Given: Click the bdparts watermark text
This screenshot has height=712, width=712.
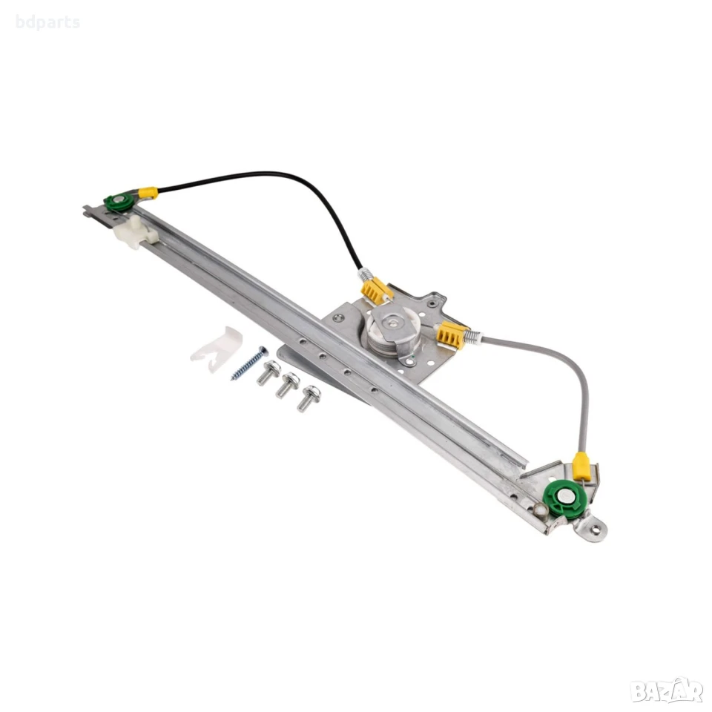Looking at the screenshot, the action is click(47, 22).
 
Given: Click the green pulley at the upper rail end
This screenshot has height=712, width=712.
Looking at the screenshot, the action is click(119, 202).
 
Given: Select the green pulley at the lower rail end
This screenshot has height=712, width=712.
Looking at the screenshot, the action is click(566, 499).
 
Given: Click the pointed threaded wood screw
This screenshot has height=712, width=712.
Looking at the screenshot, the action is click(249, 363).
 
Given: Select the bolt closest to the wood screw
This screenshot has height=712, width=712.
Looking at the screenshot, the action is click(268, 372).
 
